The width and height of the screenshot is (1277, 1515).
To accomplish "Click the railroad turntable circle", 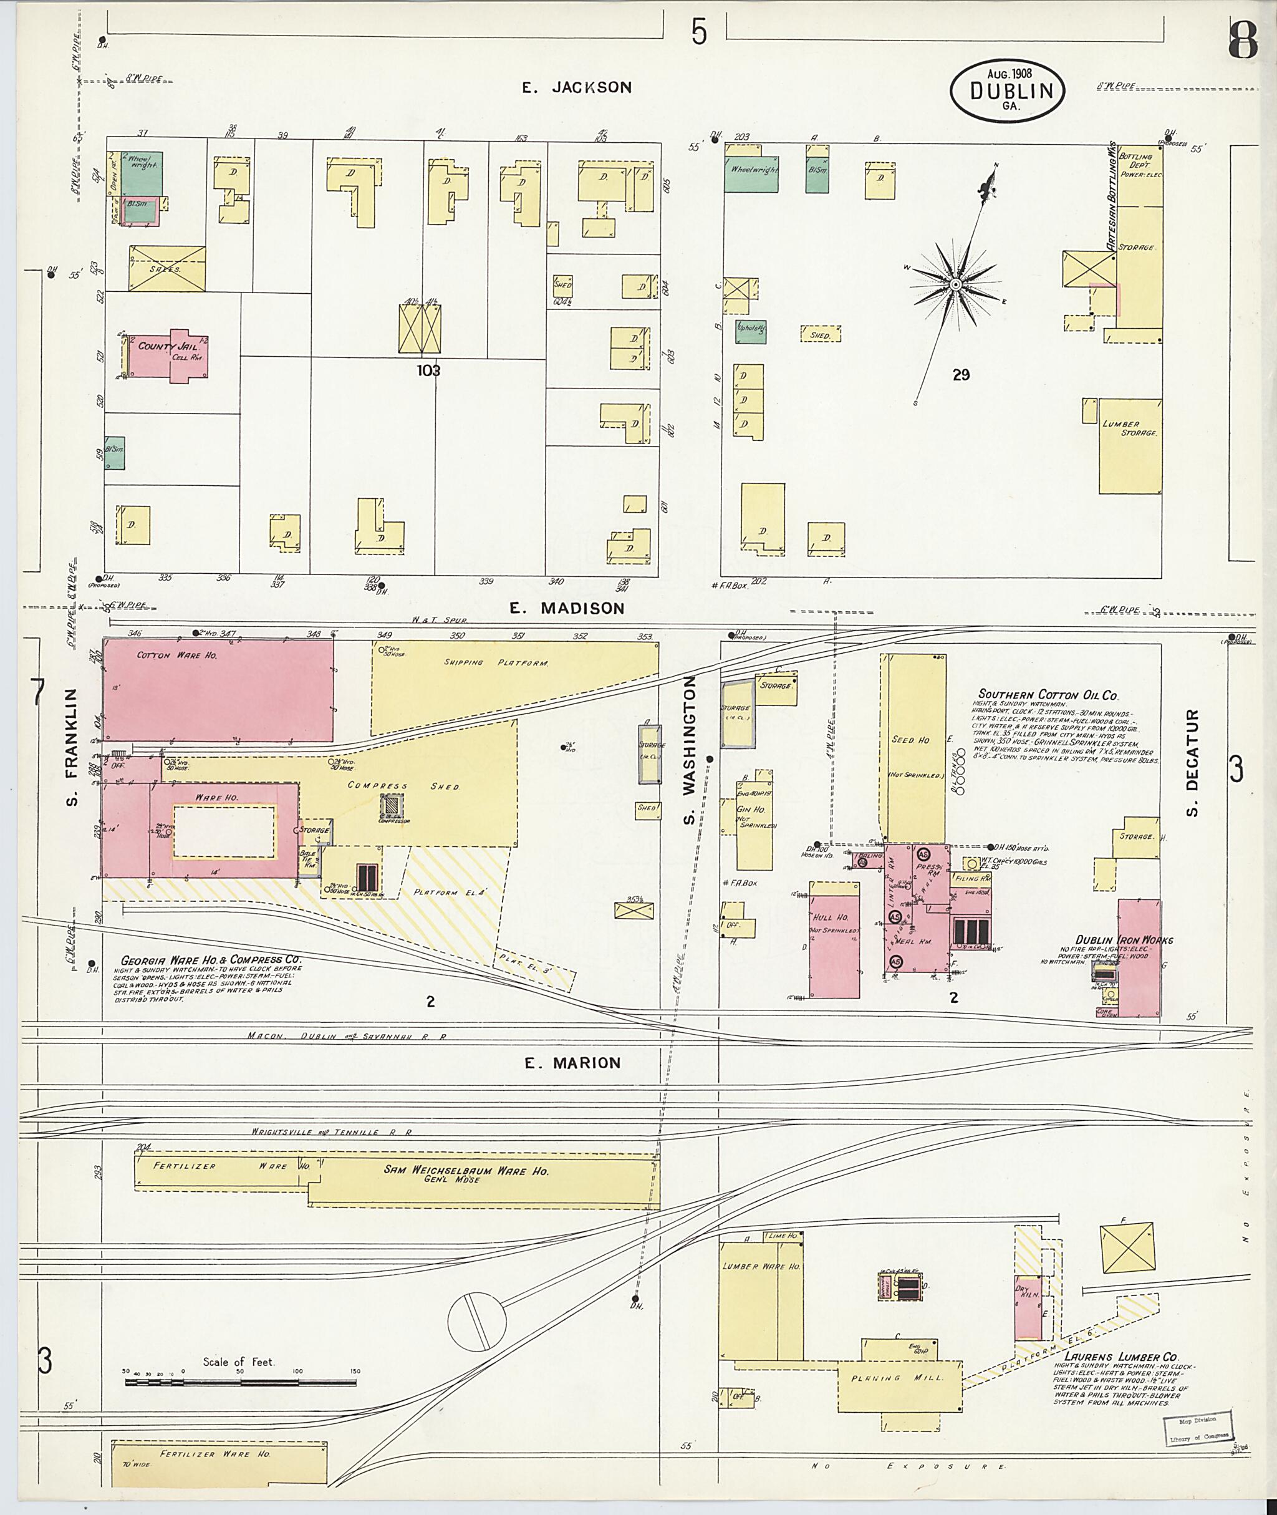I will click(x=476, y=1320).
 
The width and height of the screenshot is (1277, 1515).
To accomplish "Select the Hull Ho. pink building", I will click(x=835, y=939).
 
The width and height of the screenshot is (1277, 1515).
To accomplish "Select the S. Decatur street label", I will click(x=1192, y=763).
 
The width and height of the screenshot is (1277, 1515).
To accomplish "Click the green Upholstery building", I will click(x=751, y=331).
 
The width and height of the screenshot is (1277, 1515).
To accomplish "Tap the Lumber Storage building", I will click(x=1129, y=446).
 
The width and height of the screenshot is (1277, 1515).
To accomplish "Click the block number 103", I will click(x=428, y=370).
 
